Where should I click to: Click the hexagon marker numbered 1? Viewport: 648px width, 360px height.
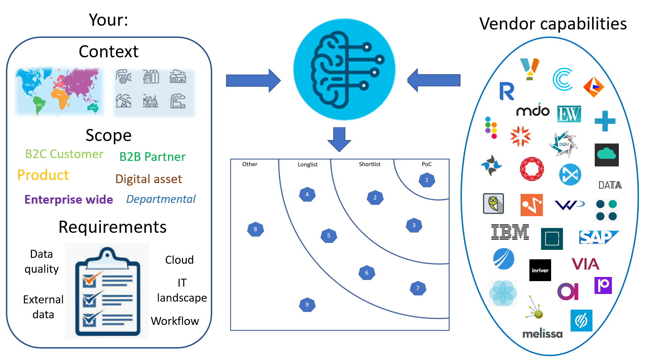427,180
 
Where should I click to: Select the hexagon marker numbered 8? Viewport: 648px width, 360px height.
255,229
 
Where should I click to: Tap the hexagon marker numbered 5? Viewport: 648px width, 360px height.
329,236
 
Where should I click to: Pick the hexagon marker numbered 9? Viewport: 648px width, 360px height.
307,305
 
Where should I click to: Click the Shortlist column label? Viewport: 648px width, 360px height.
369,164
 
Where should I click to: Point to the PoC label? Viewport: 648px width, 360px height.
427,164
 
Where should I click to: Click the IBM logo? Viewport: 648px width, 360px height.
510,232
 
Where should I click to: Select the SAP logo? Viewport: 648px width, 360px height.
598,237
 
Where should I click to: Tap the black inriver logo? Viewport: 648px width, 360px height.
540,270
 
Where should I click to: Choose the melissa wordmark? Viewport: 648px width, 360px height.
542,334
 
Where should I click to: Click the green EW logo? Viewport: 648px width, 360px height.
569,114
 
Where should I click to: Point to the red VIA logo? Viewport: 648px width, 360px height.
585,264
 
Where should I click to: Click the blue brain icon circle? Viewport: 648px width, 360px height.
344,69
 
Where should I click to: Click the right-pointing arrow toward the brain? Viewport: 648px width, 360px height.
253,81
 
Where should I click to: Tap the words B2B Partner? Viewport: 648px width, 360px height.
152,157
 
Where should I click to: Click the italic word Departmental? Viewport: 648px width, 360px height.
161,199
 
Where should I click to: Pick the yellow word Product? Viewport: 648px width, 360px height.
43,175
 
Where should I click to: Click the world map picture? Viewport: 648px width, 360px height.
59,91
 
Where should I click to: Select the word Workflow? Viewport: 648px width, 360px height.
175,321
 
